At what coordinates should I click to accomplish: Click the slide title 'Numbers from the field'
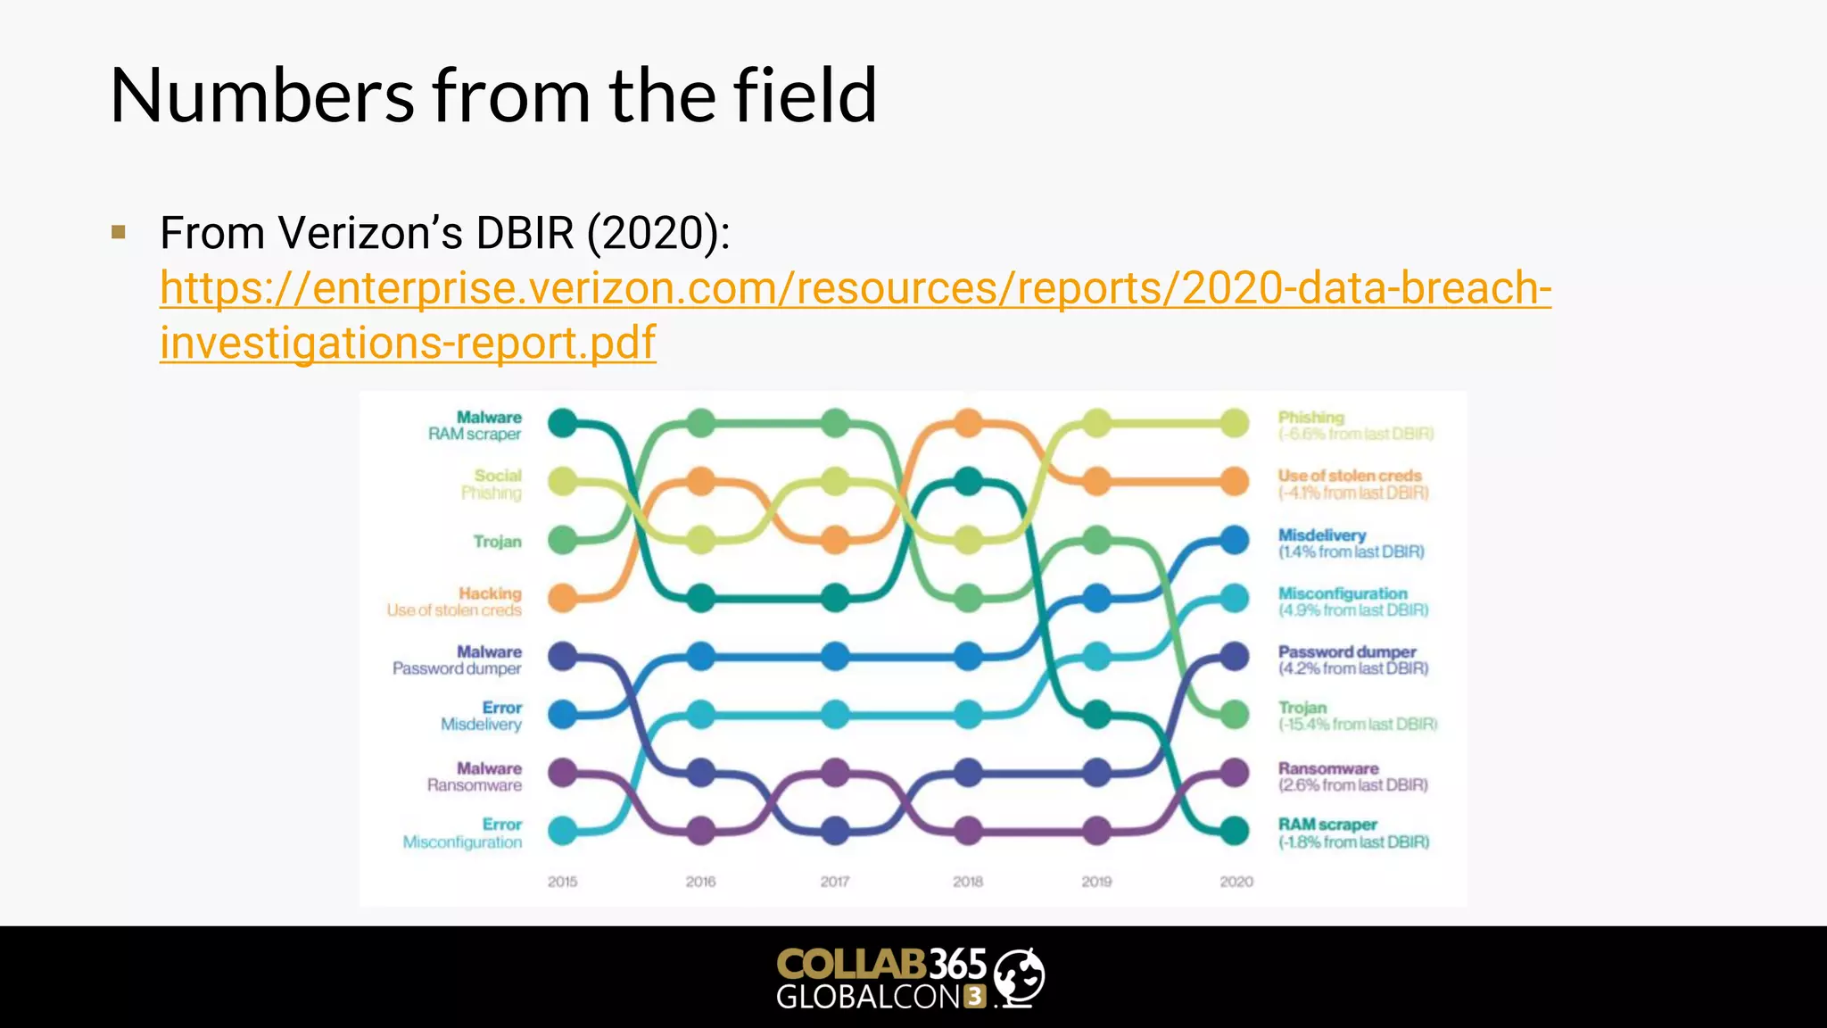click(493, 96)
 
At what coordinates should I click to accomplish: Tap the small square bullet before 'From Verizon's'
click(119, 233)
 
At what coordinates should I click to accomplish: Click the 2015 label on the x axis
click(562, 882)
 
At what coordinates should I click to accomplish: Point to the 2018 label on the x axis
click(968, 882)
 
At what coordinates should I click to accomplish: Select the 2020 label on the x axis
click(1236, 882)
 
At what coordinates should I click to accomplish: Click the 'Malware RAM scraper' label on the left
click(476, 426)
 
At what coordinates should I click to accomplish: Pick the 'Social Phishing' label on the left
click(492, 484)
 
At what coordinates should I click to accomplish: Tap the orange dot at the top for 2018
click(968, 423)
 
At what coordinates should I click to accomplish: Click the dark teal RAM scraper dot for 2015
click(562, 423)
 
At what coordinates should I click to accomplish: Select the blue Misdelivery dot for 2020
click(1234, 540)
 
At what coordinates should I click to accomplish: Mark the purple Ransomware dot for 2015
click(562, 772)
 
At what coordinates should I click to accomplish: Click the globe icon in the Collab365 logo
click(1019, 976)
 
